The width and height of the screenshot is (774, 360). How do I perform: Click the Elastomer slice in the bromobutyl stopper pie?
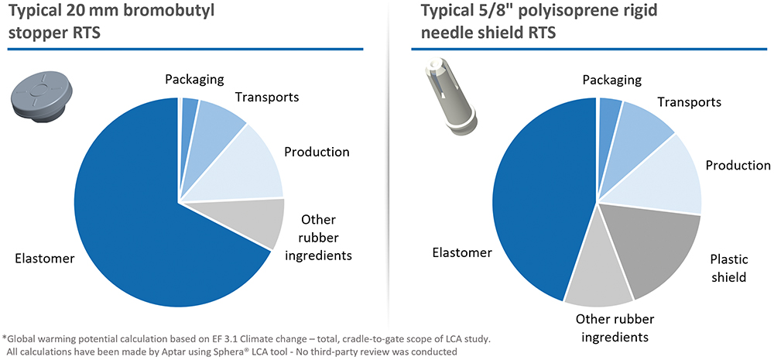[x=147, y=217]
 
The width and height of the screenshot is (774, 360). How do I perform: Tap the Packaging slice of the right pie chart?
[x=608, y=111]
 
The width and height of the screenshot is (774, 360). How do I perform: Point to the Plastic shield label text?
[x=728, y=268]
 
